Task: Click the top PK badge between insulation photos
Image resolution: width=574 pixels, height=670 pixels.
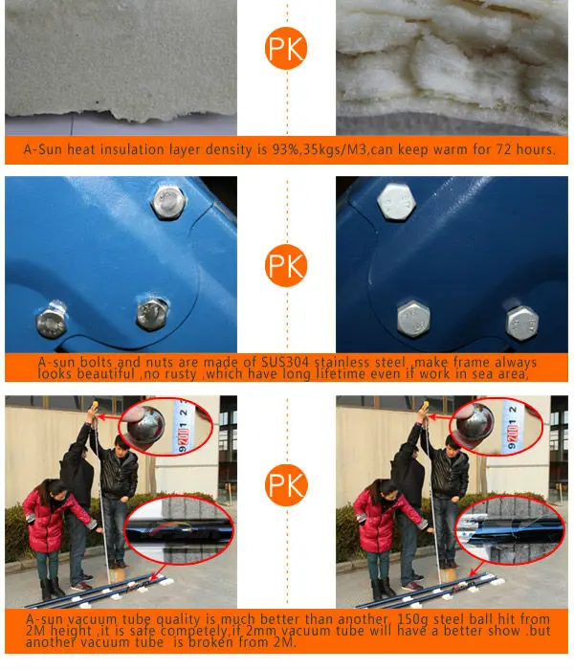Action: coord(286,48)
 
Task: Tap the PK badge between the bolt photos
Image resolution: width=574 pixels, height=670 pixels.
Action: coord(286,266)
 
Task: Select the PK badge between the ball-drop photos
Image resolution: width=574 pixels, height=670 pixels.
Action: coord(286,485)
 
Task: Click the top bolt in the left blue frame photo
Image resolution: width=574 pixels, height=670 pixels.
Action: coord(168,202)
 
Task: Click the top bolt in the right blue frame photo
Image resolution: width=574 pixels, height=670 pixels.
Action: coord(396,202)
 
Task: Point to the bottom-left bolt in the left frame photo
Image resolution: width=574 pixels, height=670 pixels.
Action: coord(52,322)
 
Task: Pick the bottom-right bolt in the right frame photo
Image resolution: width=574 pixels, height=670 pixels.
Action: coord(522,324)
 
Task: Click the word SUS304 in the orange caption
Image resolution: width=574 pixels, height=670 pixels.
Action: coord(284,363)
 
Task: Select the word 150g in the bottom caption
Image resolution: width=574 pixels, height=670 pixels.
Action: coord(413,619)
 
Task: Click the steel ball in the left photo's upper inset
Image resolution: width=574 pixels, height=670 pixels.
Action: coord(146,426)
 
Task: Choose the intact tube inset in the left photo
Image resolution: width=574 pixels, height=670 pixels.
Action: coord(180,530)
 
